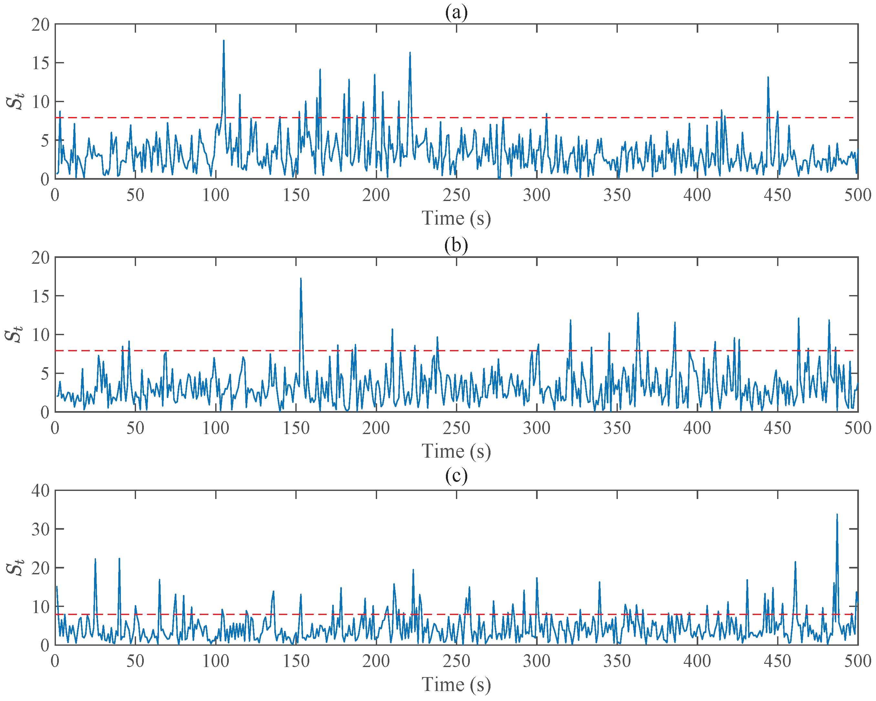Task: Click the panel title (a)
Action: (456, 12)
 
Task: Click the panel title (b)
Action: (456, 245)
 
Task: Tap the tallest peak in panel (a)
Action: (224, 41)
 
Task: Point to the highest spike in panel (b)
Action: (301, 279)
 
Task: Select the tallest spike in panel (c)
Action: (837, 515)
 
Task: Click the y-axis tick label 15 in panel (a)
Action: (41, 63)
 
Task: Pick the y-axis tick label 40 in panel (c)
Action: (41, 491)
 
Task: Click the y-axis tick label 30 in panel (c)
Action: (41, 529)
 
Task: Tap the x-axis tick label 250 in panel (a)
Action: (456, 195)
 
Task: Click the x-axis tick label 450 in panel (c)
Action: (777, 661)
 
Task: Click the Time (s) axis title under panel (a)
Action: (456, 218)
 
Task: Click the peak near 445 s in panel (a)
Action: (768, 78)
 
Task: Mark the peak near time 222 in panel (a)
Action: (410, 53)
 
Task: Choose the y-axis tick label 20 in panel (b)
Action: (41, 257)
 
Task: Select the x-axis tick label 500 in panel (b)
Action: (857, 428)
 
